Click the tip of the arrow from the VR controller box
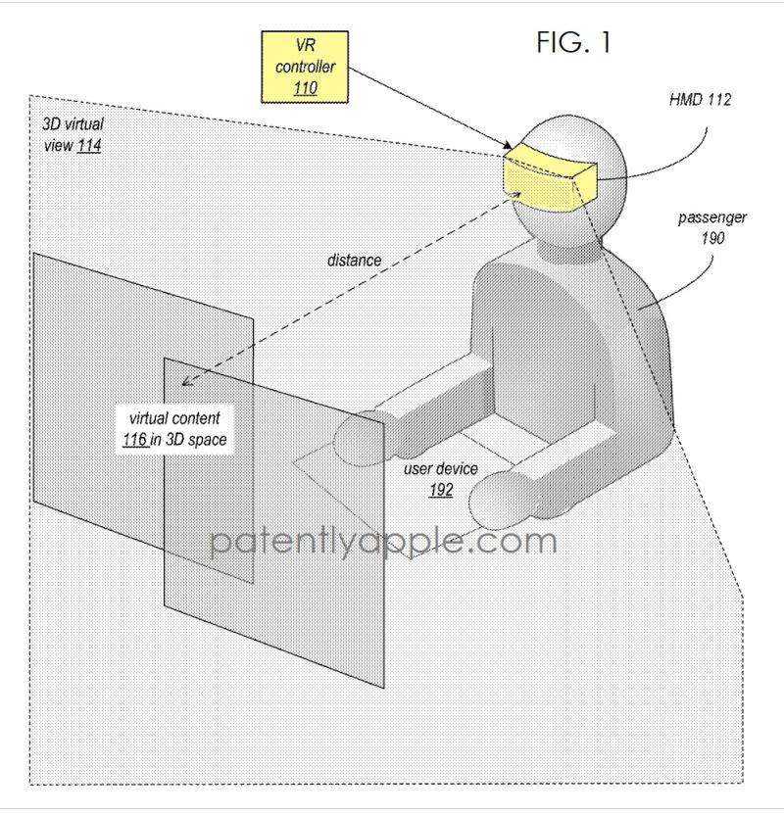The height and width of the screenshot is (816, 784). pos(513,150)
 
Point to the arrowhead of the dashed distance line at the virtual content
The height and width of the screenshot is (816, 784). pos(181,385)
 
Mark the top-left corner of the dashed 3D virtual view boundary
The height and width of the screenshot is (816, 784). pos(29,95)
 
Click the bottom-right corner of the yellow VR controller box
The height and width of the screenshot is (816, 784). pos(348,102)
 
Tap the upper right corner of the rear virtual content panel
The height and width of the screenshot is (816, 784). pos(254,317)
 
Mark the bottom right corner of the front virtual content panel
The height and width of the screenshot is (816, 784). pos(384,688)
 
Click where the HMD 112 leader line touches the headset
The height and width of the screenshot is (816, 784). pos(597,179)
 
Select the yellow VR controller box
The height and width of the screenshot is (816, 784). pos(305,67)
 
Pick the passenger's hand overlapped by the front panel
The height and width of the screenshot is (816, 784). pos(360,437)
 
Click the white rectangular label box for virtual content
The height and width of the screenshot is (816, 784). pos(174,429)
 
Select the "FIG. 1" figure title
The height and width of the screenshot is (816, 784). pos(573,42)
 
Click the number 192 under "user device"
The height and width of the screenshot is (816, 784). pos(441,490)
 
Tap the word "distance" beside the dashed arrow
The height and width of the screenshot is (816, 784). pos(354,260)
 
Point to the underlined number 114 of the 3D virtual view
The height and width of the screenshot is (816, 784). pos(89,145)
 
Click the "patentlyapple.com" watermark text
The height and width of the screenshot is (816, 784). pos(384,541)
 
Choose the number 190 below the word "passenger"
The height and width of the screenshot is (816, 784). pos(712,238)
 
